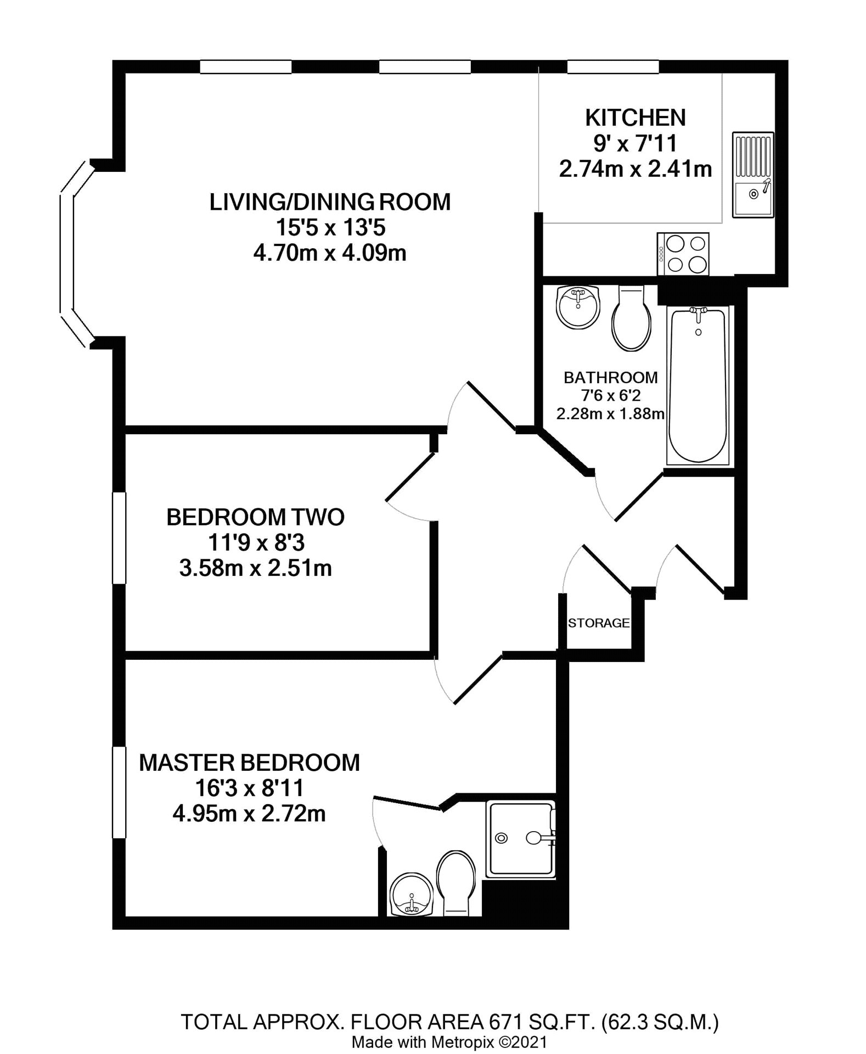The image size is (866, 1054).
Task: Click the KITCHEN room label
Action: (635, 118)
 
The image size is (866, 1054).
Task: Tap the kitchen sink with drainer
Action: (753, 175)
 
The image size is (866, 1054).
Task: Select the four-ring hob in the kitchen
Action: (683, 254)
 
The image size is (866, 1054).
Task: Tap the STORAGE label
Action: (598, 623)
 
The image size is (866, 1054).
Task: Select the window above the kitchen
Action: (612, 67)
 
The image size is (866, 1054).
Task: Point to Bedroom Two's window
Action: (119, 538)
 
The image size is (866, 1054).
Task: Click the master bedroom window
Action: (119, 792)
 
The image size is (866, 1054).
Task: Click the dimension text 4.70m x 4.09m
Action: (329, 254)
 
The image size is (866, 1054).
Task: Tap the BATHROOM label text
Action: (610, 378)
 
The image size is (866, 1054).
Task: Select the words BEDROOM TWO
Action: (255, 517)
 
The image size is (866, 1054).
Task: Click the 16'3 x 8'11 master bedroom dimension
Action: (249, 788)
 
